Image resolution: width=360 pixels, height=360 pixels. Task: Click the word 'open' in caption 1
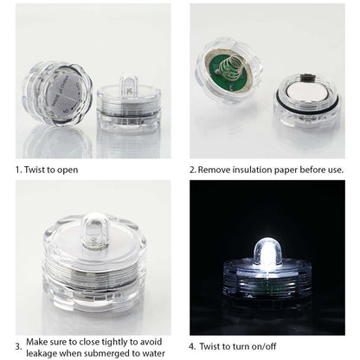(67, 170)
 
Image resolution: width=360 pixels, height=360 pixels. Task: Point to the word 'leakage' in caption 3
(44, 354)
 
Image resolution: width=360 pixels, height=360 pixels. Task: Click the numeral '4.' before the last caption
(194, 349)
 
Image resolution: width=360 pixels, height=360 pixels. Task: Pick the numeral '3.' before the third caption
(18, 347)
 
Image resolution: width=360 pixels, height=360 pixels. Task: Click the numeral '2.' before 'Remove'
(194, 170)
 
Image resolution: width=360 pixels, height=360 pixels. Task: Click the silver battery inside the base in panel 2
(308, 92)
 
